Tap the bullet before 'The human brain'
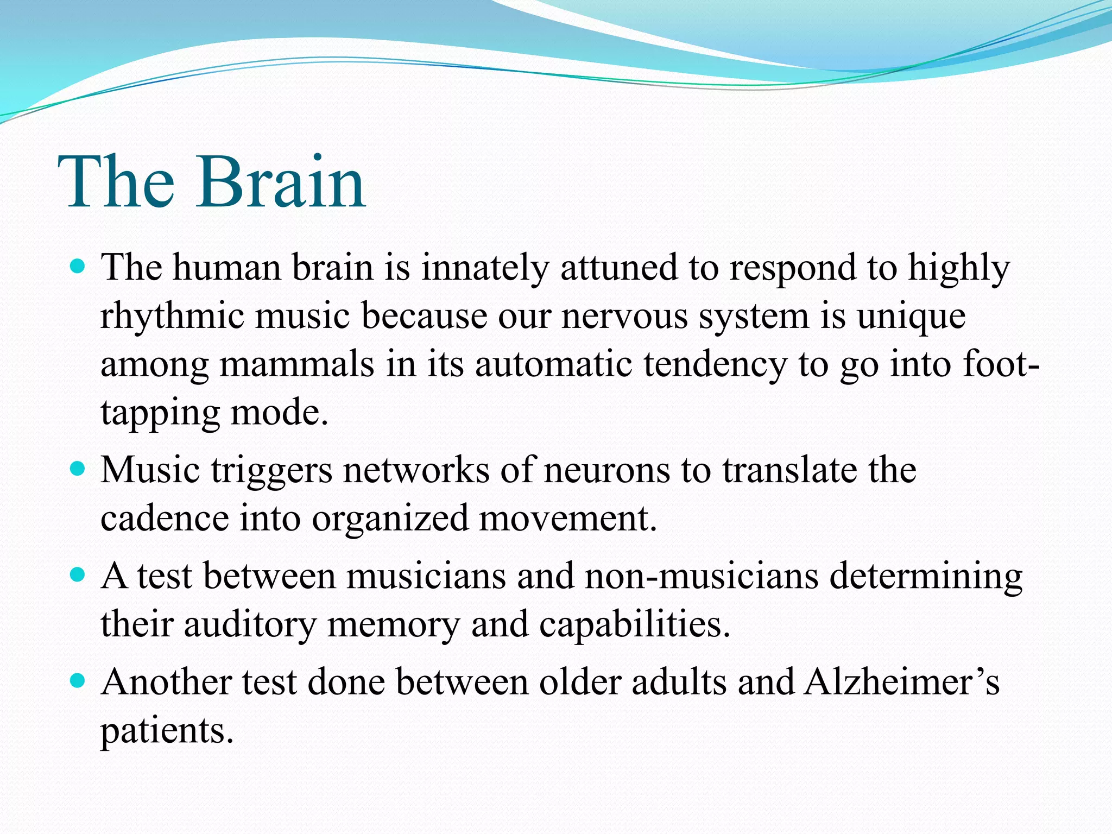pyautogui.click(x=78, y=267)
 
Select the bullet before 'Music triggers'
pyautogui.click(x=78, y=469)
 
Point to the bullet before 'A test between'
pyautogui.click(x=78, y=575)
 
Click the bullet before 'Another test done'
pyautogui.click(x=78, y=681)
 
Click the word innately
pyautogui.click(x=485, y=268)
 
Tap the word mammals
pyautogui.click(x=296, y=364)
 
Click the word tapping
pyautogui.click(x=160, y=414)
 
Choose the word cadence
pyautogui.click(x=165, y=519)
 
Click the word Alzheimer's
pyautogui.click(x=901, y=682)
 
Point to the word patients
pyautogui.click(x=167, y=731)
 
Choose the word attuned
pyautogui.click(x=619, y=268)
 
